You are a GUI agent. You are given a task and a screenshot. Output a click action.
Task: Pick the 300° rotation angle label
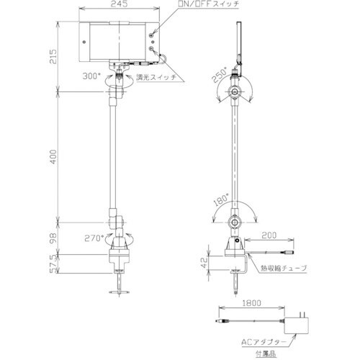click(x=91, y=74)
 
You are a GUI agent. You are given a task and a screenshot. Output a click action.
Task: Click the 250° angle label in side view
click(x=220, y=73)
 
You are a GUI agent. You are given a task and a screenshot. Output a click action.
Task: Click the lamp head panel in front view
click(x=119, y=40)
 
